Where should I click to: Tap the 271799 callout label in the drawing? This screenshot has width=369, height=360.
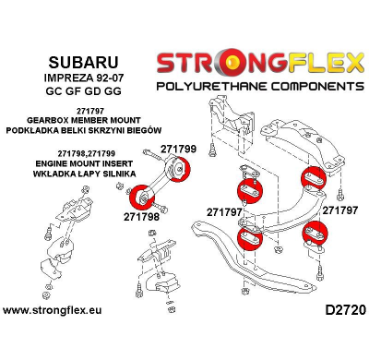[178, 147]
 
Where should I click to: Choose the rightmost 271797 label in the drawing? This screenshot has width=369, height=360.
[340, 210]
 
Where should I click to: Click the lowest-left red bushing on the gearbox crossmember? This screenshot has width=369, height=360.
[250, 238]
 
